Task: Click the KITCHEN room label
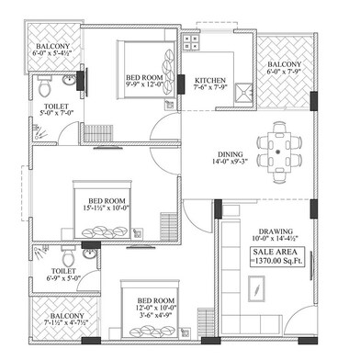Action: [x=210, y=81]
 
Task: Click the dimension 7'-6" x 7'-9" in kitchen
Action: [x=212, y=90]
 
